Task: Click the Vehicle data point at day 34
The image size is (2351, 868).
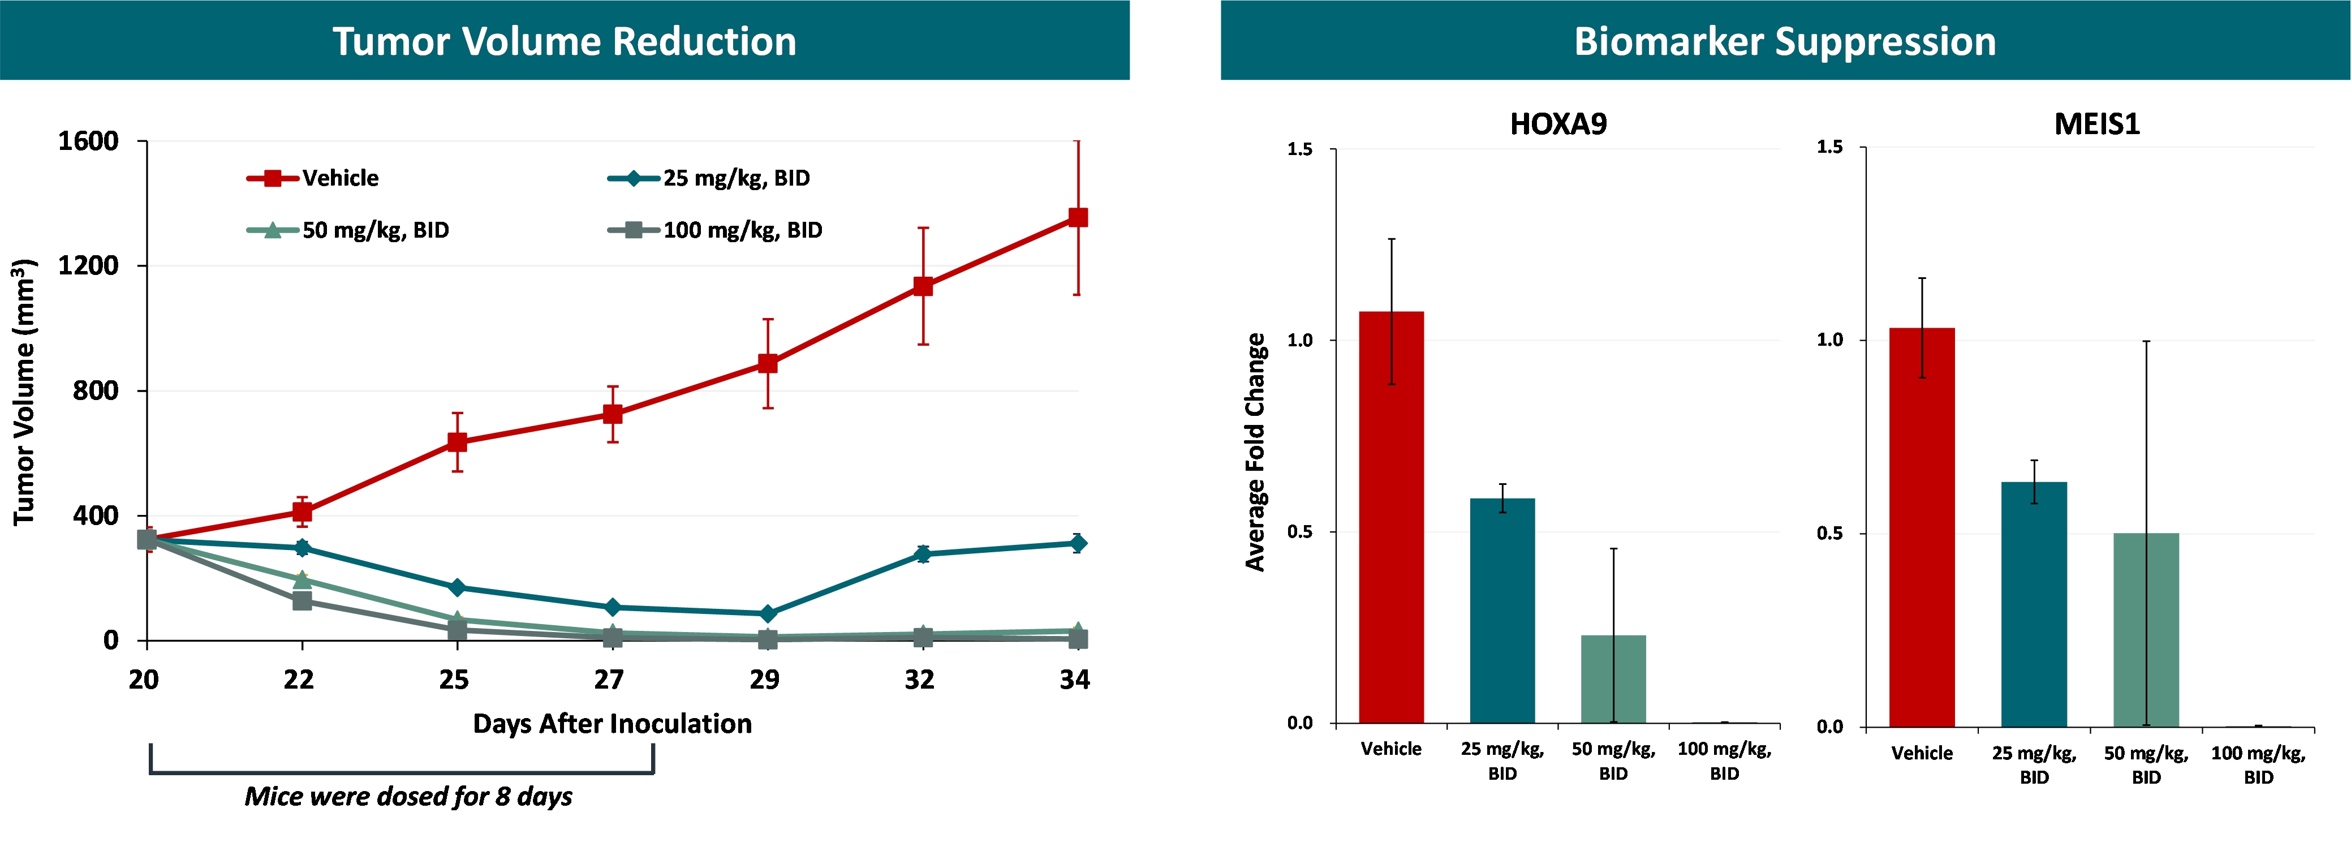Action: [x=1078, y=217]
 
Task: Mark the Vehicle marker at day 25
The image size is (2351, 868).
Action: [x=457, y=442]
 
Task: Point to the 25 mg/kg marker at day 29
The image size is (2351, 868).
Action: [x=768, y=613]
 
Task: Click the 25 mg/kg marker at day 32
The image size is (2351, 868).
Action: [x=923, y=554]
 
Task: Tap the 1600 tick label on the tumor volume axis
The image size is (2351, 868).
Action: [x=88, y=141]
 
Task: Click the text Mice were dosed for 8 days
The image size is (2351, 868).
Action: [x=408, y=797]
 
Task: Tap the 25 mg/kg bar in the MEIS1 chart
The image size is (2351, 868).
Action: [x=2034, y=603]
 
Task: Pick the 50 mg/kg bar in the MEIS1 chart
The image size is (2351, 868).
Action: [x=2146, y=630]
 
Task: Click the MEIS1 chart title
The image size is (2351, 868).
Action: [x=2096, y=124]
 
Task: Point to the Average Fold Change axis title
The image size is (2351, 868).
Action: [x=1256, y=452]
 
